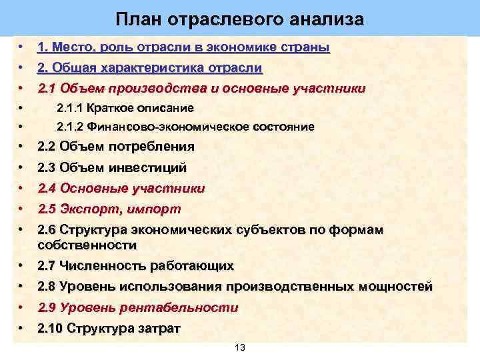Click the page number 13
pyautogui.click(x=241, y=348)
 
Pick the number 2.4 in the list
pyautogui.click(x=47, y=189)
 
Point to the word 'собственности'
pyautogui.click(x=82, y=245)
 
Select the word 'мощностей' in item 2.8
pyautogui.click(x=395, y=287)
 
